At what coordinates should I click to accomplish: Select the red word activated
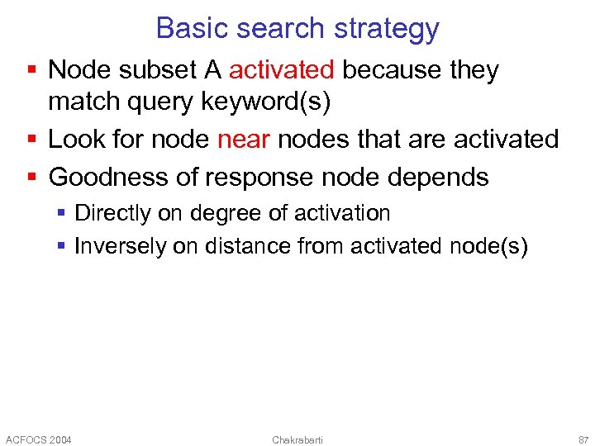click(x=281, y=70)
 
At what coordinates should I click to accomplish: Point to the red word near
click(x=243, y=139)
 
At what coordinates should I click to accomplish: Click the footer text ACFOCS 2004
click(x=39, y=439)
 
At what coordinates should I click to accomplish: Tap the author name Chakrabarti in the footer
click(x=297, y=439)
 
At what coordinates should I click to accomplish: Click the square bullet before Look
click(x=32, y=140)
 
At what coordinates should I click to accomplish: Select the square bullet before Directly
click(x=62, y=214)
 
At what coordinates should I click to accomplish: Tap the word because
click(x=392, y=70)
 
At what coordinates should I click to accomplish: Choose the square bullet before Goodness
click(x=32, y=178)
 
